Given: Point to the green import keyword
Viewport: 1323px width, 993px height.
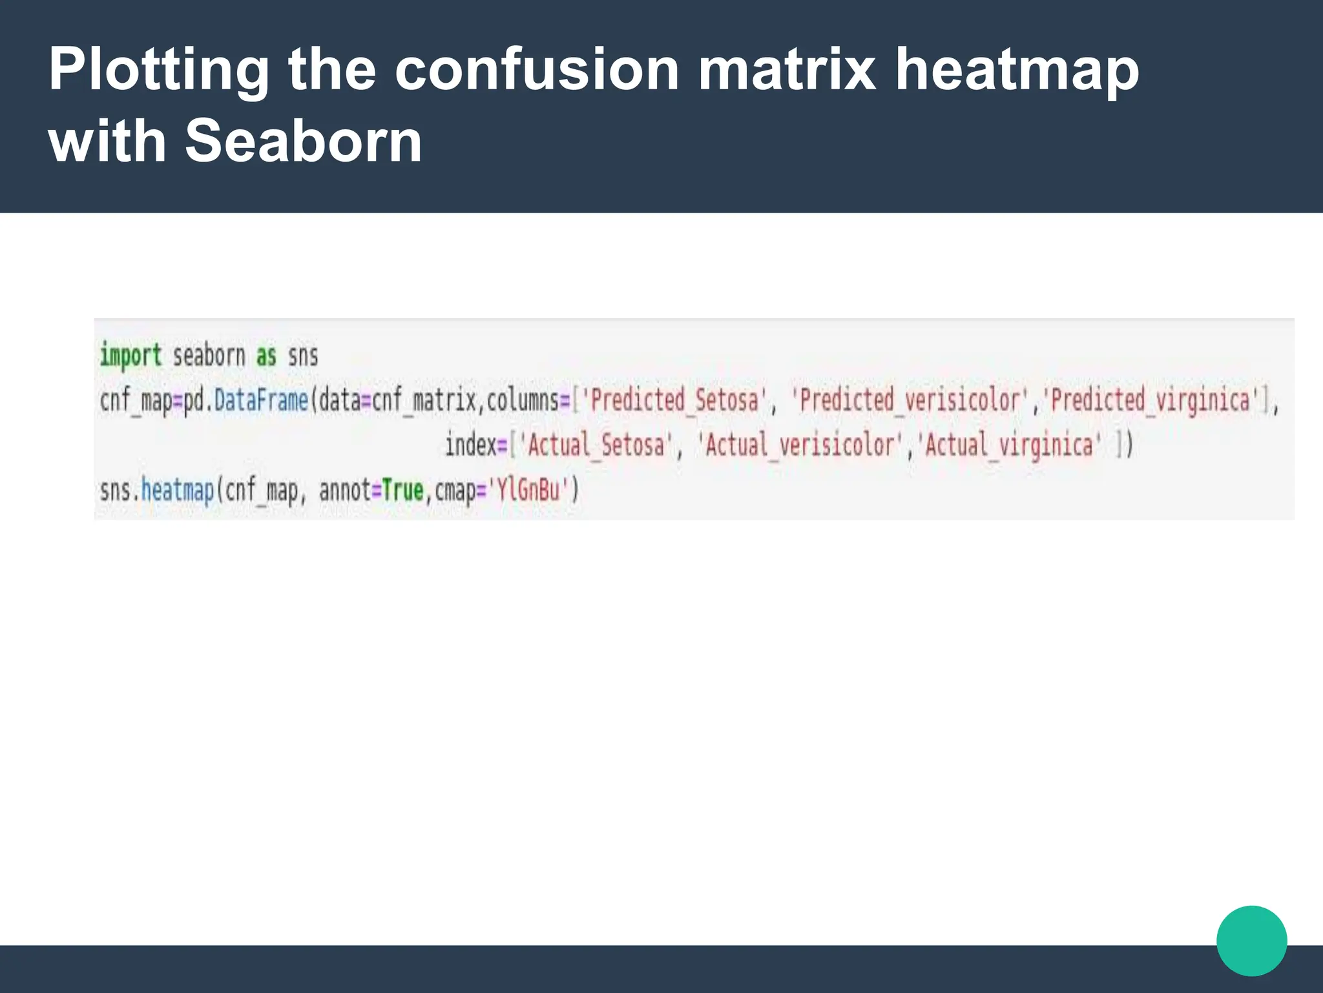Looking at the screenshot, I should [130, 356].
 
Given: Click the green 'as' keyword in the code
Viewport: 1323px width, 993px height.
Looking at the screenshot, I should [266, 356].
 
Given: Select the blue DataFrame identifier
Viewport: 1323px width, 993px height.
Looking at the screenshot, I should [261, 400].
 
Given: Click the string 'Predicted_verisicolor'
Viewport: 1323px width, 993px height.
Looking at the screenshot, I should [910, 400].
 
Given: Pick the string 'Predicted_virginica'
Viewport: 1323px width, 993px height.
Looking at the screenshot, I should [1150, 400].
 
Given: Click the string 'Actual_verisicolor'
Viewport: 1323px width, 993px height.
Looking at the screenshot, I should [800, 445].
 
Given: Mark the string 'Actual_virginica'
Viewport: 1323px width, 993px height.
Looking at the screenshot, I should [1008, 445].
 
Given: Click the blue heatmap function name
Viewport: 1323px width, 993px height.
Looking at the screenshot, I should [177, 490].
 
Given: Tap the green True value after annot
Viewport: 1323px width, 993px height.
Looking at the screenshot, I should [402, 490].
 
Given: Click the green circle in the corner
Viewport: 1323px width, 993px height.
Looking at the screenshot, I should [1251, 941].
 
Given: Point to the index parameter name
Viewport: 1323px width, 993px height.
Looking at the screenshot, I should [470, 445].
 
